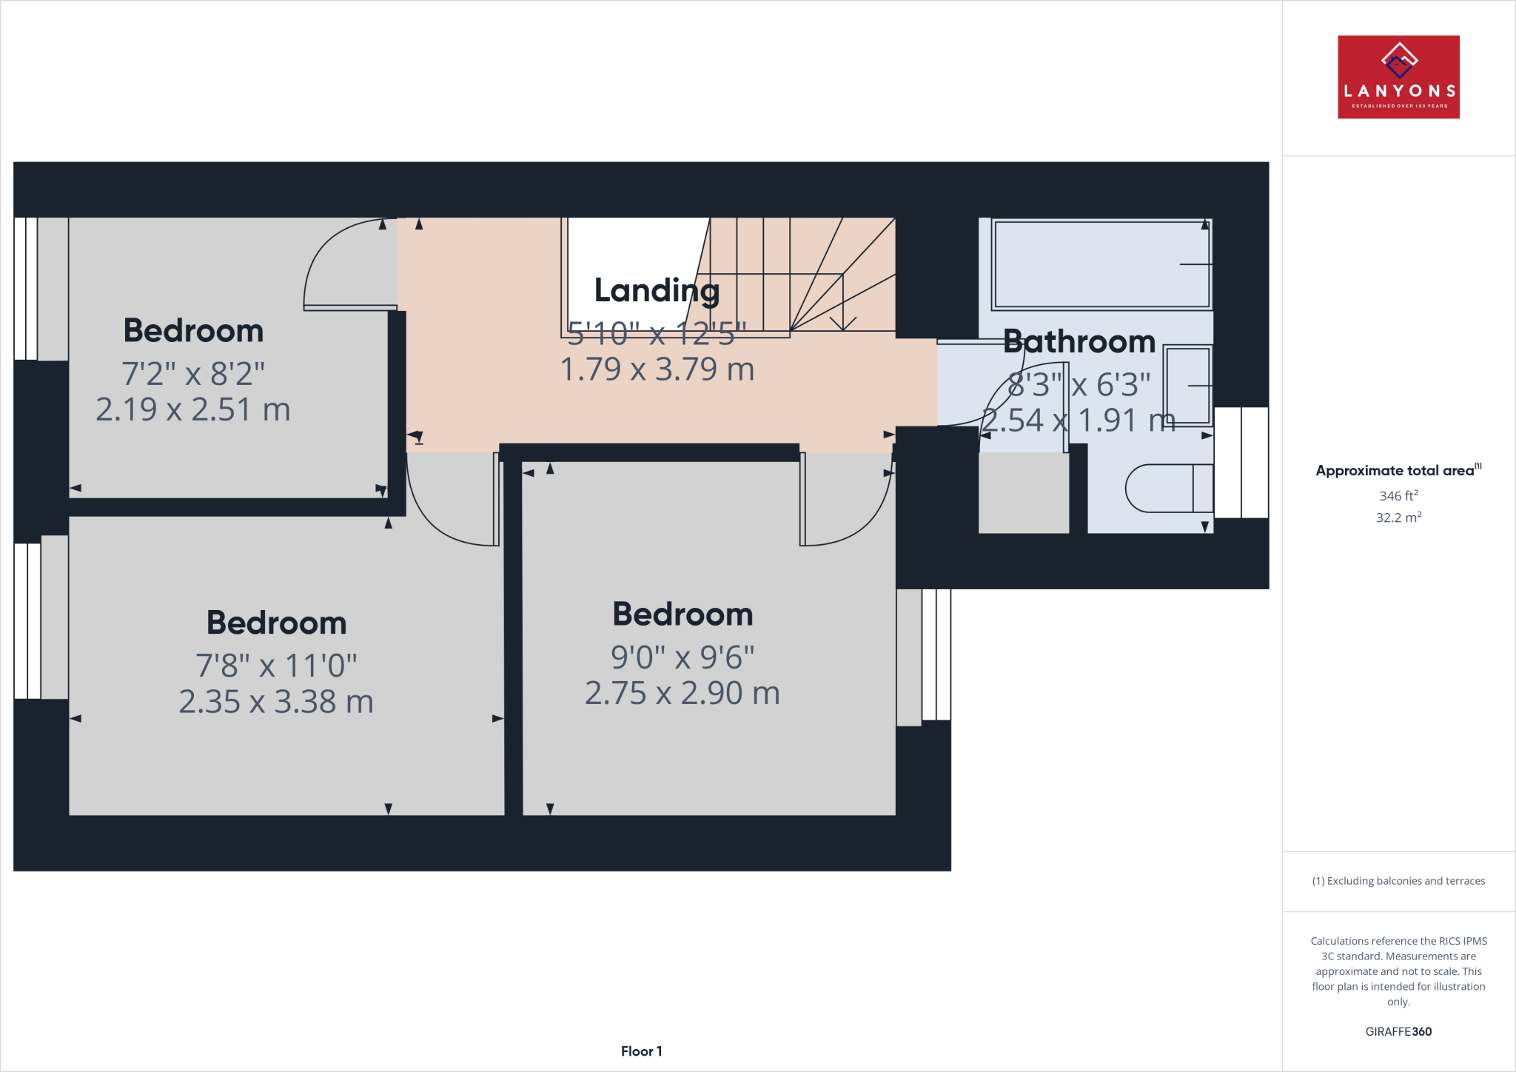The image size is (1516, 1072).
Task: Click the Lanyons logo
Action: click(x=1398, y=77)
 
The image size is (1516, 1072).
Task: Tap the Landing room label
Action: click(x=657, y=290)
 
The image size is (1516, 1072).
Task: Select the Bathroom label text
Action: click(x=1079, y=342)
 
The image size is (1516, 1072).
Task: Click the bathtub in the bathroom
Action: click(x=1101, y=264)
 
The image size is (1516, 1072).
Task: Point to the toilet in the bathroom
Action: click(x=1167, y=488)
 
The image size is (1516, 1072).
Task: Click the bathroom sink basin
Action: click(x=1187, y=385)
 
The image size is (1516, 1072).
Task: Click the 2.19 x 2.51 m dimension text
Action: click(x=192, y=409)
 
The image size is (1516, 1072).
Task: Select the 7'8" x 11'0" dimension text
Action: click(x=276, y=666)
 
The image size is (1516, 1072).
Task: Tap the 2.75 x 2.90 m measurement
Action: click(x=682, y=694)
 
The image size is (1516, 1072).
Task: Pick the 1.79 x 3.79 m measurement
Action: click(x=657, y=369)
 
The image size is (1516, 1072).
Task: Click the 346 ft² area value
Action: click(x=1398, y=496)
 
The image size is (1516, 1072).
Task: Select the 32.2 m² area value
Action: click(x=1398, y=517)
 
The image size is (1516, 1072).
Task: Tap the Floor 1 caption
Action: click(x=641, y=1051)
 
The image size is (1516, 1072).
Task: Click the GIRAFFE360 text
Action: click(x=1398, y=1031)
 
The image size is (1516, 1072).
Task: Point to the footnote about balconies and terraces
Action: click(x=1398, y=881)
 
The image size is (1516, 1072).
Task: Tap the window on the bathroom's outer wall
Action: click(x=1241, y=462)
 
